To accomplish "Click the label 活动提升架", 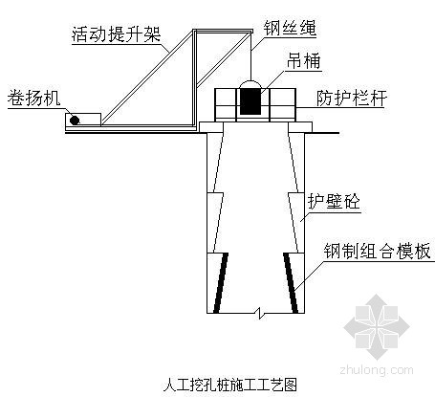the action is [x=116, y=34].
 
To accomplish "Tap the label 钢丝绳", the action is [x=290, y=28].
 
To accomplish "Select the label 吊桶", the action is [x=303, y=60].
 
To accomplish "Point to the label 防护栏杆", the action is [x=352, y=98].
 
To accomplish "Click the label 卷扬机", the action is [x=33, y=98].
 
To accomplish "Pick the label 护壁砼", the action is [x=334, y=201].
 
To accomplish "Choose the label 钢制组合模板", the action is [x=378, y=251].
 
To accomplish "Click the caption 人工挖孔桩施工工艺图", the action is [x=230, y=385].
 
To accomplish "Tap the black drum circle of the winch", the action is [x=75, y=121].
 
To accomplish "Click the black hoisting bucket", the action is [x=250, y=101].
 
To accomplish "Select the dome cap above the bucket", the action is [x=250, y=84].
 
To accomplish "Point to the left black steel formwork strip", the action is [x=221, y=283].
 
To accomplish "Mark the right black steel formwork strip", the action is [x=291, y=283].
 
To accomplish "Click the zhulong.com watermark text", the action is [x=377, y=370].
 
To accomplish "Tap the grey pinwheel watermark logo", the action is [x=377, y=327].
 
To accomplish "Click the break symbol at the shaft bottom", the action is [x=260, y=313].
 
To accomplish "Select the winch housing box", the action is [x=83, y=120].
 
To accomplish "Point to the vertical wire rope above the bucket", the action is [x=250, y=55].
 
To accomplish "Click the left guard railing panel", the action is [x=226, y=105].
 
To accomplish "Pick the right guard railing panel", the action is [x=283, y=105].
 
